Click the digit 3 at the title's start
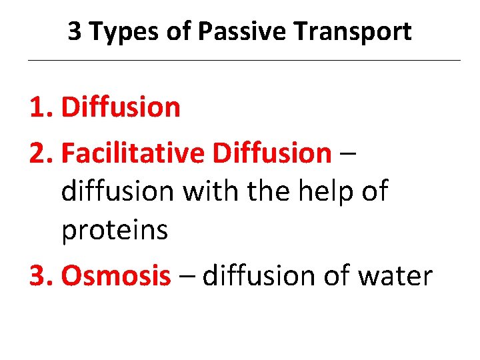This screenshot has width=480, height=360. (x=75, y=31)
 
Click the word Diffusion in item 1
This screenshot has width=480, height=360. (x=121, y=107)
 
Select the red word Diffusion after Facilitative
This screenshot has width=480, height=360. (x=271, y=153)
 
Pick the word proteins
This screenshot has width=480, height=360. (x=114, y=231)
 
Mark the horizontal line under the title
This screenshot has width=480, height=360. (x=243, y=61)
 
